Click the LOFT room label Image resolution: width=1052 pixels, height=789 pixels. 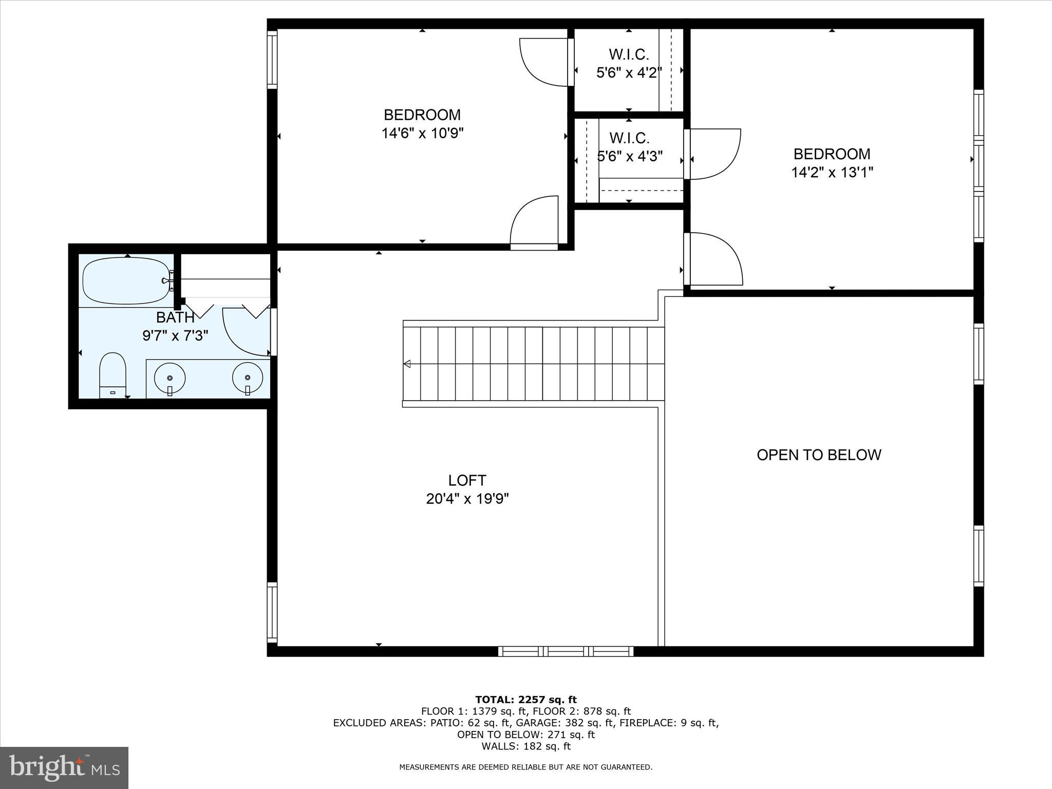tap(467, 480)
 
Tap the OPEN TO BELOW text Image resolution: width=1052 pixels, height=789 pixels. tap(819, 455)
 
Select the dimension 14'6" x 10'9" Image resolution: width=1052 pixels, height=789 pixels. tap(422, 134)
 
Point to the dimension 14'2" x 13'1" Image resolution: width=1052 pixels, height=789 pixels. tap(832, 173)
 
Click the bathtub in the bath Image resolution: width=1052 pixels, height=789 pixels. tap(126, 281)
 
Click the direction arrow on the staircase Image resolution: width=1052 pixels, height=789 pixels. tap(407, 364)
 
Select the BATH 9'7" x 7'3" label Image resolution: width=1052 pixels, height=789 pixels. tap(175, 327)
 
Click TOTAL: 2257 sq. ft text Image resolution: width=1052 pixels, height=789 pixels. tap(525, 700)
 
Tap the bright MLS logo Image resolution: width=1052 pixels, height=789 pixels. tap(64, 768)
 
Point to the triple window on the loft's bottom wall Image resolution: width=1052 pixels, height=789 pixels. tap(566, 651)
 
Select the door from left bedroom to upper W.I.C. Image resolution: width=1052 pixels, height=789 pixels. tap(543, 62)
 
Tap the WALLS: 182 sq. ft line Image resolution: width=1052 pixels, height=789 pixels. tap(525, 746)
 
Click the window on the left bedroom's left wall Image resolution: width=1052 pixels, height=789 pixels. tap(272, 60)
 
